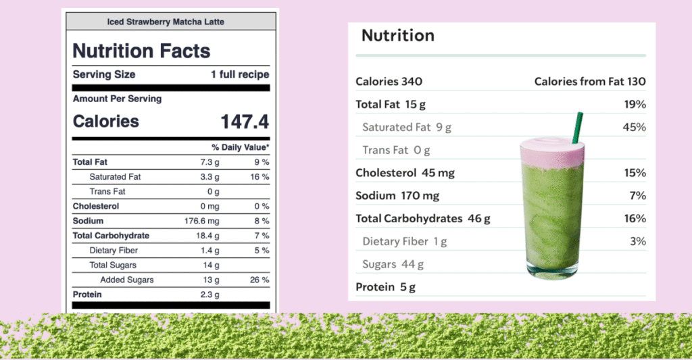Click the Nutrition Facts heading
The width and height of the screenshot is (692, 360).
pyautogui.click(x=141, y=51)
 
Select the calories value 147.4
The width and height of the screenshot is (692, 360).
pyautogui.click(x=245, y=122)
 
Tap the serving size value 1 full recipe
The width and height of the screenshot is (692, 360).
pyautogui.click(x=240, y=75)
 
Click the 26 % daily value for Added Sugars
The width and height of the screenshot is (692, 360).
pyautogui.click(x=260, y=280)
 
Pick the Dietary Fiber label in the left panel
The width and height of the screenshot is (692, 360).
pyautogui.click(x=115, y=251)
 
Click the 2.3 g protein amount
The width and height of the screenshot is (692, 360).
pyautogui.click(x=208, y=294)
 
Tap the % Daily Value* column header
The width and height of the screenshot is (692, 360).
pyautogui.click(x=240, y=147)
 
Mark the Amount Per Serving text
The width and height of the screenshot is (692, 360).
pyautogui.click(x=118, y=99)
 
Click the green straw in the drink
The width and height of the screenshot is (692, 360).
pyautogui.click(x=578, y=127)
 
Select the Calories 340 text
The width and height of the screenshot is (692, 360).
pyautogui.click(x=389, y=82)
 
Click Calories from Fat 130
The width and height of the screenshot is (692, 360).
pyautogui.click(x=590, y=82)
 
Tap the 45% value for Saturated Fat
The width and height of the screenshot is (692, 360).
pyautogui.click(x=635, y=127)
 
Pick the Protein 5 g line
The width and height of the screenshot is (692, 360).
pyautogui.click(x=385, y=287)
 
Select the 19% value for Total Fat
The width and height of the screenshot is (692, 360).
pyautogui.click(x=635, y=105)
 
